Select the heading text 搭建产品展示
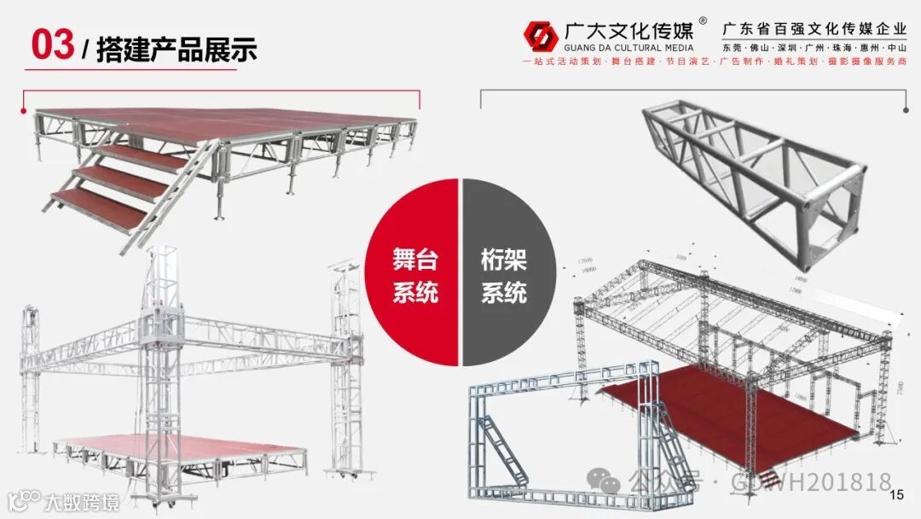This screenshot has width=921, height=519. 177,49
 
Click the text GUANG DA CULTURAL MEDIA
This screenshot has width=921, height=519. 628,49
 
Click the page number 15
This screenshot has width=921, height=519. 896,496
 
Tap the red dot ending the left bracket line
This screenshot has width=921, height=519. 24,109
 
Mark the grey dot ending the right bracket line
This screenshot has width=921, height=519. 906,109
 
